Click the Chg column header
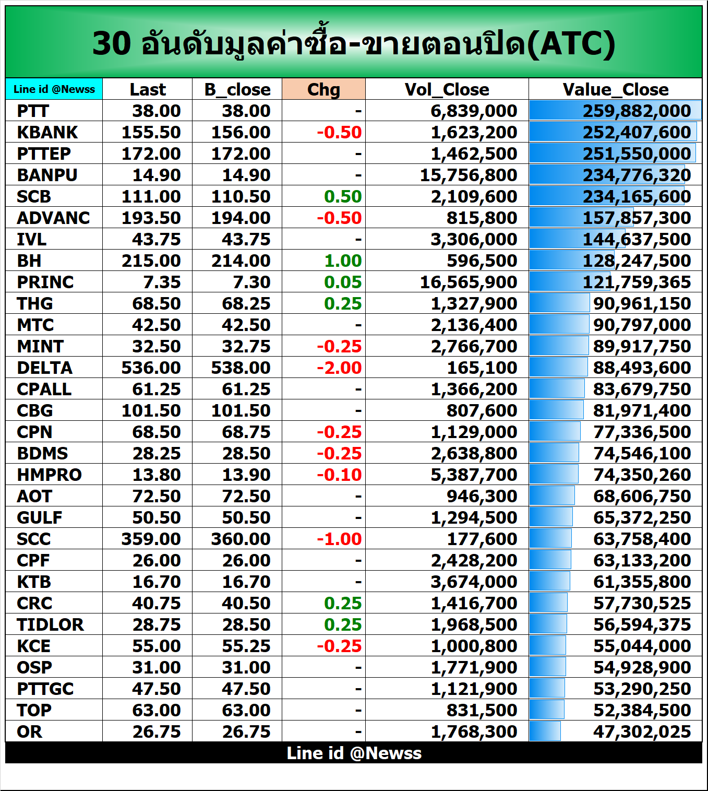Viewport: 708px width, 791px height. point(323,89)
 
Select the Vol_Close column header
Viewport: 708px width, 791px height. point(447,89)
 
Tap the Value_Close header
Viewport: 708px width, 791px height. point(615,89)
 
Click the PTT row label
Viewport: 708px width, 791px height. point(33,111)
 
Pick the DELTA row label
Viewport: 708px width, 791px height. point(44,368)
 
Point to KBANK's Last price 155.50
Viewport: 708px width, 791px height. point(151,132)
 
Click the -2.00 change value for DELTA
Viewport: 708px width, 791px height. point(339,368)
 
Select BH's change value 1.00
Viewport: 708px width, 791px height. point(343,261)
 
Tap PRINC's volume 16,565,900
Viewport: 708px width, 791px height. point(469,282)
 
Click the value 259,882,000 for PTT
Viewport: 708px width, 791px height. point(637,111)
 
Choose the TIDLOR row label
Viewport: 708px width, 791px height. point(50,624)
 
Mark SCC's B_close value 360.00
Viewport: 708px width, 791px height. point(241,539)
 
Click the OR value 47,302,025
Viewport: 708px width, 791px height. point(642,731)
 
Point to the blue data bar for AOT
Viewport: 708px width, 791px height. point(552,496)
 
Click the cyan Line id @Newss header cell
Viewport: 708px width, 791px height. point(54,89)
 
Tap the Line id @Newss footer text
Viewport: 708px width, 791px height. point(354,753)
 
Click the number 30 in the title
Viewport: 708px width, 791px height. point(112,43)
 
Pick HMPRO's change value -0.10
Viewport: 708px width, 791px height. point(339,475)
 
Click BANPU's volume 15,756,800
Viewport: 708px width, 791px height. point(469,175)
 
